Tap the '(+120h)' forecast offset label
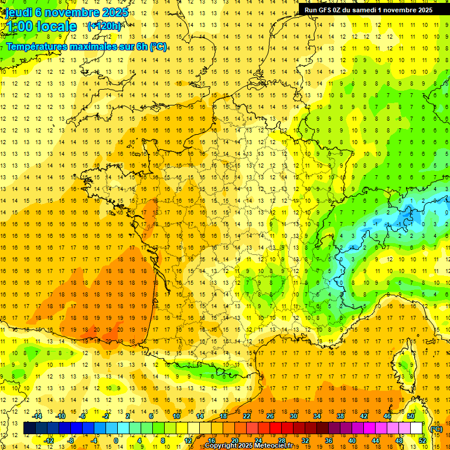click(104, 26)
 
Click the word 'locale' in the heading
click(56, 26)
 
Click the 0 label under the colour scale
click(116, 441)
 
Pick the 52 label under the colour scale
click(422, 441)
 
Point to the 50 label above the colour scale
click(411, 416)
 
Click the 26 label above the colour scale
click(270, 416)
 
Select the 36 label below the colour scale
click(328, 441)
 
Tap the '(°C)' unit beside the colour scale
click(436, 428)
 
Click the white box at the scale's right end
click(417, 428)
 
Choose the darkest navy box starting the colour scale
click(29, 428)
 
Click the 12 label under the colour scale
click(188, 441)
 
